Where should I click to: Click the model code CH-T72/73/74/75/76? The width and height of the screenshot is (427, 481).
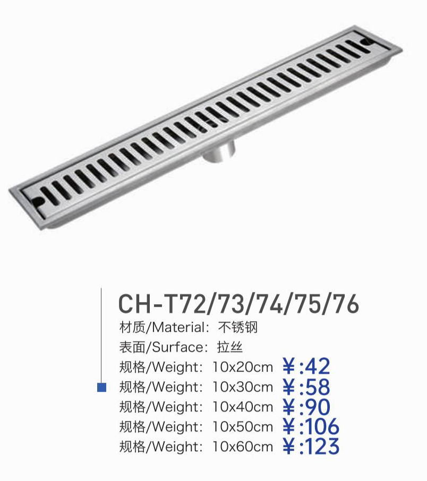click(238, 304)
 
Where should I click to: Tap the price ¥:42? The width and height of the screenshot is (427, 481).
click(306, 366)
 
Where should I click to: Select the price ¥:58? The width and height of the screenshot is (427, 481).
click(306, 387)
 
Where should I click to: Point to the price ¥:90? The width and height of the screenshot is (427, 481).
click(306, 407)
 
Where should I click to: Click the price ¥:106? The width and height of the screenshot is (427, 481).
click(311, 427)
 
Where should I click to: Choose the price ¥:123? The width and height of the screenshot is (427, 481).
click(311, 446)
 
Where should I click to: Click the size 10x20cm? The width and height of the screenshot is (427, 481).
click(243, 367)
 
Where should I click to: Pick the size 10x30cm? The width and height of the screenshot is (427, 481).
click(243, 387)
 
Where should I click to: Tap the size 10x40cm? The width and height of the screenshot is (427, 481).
click(243, 407)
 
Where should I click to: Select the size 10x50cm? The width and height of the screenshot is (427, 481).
click(243, 427)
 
